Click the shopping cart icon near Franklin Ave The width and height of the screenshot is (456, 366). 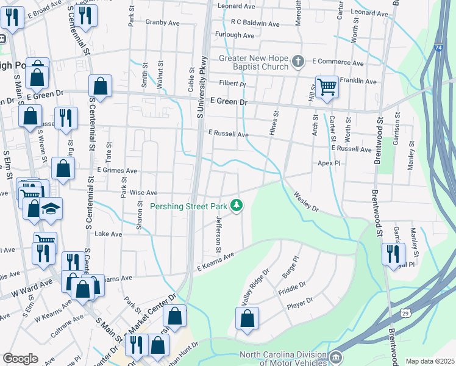[x=327, y=86]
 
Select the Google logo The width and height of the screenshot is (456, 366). [x=20, y=359]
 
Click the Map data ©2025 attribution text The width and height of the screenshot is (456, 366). [x=430, y=361]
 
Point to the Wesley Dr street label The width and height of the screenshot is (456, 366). [x=306, y=201]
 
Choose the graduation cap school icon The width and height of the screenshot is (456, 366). [x=51, y=209]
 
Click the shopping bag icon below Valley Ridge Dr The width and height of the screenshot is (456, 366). [x=247, y=318]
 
